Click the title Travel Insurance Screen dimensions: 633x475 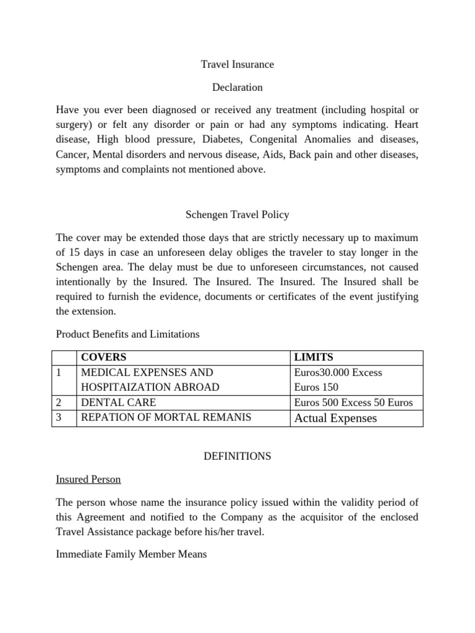(237, 64)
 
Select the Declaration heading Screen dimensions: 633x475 (237, 87)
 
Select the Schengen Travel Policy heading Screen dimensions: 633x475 (237, 215)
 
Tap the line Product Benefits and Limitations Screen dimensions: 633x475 (128, 334)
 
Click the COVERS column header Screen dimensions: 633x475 (103, 357)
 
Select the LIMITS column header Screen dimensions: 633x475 (314, 357)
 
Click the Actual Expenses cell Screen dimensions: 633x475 (336, 418)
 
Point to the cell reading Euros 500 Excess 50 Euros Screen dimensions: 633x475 (354, 402)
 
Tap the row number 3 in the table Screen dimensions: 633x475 (59, 417)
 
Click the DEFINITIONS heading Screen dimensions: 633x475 (237, 456)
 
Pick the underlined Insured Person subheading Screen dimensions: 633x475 (88, 479)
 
